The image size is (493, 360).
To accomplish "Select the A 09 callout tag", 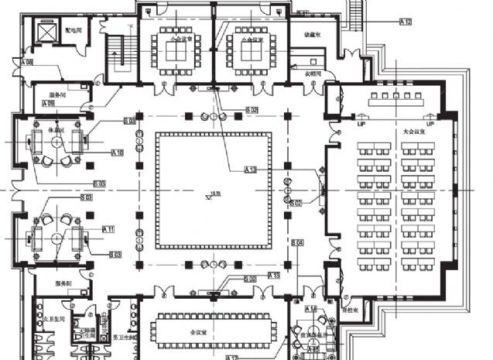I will (x=48, y=103).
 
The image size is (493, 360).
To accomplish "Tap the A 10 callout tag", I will (x=117, y=153).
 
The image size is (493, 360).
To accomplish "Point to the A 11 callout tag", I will (x=108, y=229).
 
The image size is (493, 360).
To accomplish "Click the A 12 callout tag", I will (x=406, y=21).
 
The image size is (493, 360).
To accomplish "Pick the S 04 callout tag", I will (x=298, y=243).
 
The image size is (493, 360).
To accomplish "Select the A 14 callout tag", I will (x=311, y=309).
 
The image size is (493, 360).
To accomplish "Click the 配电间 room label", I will (x=74, y=29).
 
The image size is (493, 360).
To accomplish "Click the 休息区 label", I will (x=55, y=129).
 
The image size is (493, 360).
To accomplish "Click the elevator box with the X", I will (x=48, y=33).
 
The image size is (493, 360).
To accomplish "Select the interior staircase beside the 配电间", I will (x=118, y=54).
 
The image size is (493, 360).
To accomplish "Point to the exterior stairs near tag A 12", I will (x=357, y=11).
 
